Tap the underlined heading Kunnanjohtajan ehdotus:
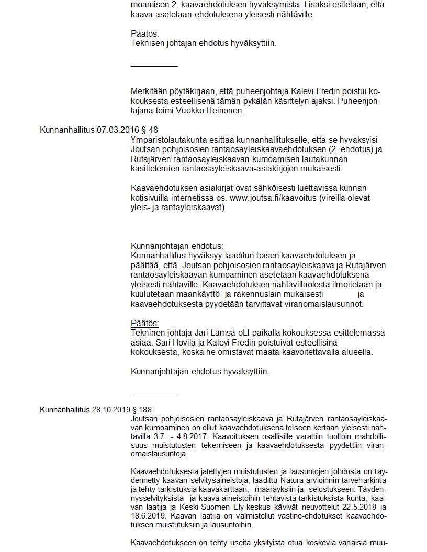pyautogui.click(x=177, y=246)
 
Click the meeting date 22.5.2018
pyautogui.click(x=347, y=507)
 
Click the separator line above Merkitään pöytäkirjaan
pyautogui.click(x=154, y=66)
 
